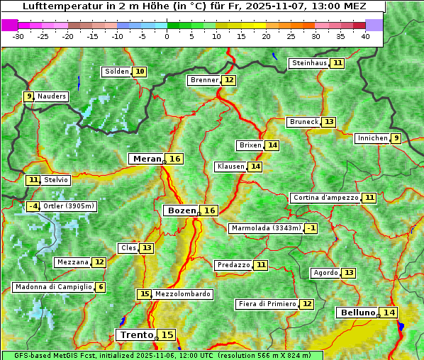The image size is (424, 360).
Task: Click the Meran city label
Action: [147, 159]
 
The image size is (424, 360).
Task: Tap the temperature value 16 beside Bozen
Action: [209, 210]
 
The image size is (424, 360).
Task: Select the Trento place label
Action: [136, 335]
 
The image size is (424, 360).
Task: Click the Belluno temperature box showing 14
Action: [388, 313]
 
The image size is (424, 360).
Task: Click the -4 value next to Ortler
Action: [33, 206]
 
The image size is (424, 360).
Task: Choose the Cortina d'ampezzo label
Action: [325, 198]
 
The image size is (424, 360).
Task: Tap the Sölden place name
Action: [117, 72]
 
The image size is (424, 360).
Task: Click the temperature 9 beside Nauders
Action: [28, 96]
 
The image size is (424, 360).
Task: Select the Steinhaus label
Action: [309, 63]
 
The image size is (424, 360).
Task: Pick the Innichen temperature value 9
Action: [396, 138]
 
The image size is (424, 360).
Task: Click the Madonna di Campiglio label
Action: [53, 287]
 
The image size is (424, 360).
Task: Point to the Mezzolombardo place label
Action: [182, 294]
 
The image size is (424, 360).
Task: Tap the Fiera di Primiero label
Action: [267, 304]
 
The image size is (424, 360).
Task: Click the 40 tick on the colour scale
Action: [365, 36]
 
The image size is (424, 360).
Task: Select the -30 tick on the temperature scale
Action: [18, 36]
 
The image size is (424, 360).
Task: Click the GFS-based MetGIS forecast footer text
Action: [162, 355]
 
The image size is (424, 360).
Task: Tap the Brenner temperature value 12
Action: [228, 80]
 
